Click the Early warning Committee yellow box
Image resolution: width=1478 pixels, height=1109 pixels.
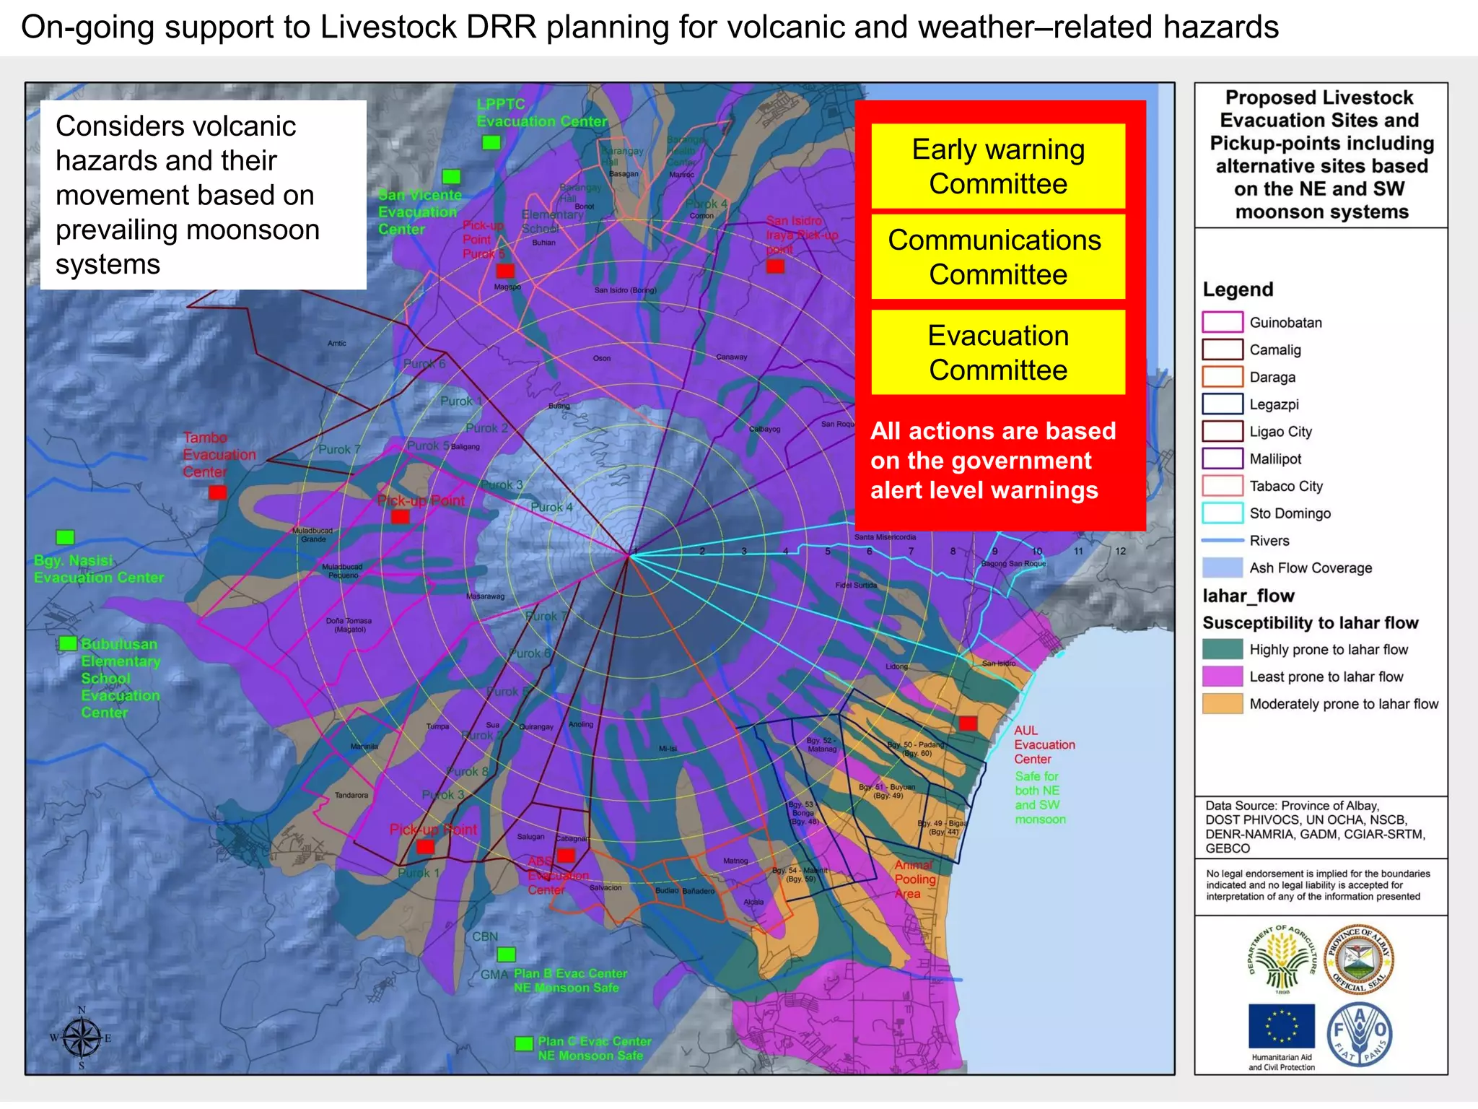(997, 166)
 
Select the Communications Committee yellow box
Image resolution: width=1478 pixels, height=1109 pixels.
(997, 256)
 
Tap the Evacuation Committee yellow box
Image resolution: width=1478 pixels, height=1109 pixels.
(997, 352)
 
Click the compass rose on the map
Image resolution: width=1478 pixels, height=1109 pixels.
(82, 1038)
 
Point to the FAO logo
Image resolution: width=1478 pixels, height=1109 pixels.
(1360, 1034)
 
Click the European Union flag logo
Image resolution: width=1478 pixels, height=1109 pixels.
(1281, 1026)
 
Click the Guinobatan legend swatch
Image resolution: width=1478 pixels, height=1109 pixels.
(1222, 322)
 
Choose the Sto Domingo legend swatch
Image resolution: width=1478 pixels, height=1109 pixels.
(1222, 513)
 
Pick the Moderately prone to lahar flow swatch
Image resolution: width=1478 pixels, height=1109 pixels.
(1222, 704)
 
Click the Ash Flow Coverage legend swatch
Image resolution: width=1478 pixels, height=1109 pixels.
(1222, 567)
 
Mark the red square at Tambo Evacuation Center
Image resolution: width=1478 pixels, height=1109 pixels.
(217, 492)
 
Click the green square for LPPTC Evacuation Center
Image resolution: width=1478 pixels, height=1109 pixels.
(491, 142)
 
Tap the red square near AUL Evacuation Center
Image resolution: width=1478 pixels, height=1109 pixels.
(968, 723)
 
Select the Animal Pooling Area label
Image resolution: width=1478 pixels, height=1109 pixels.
(914, 879)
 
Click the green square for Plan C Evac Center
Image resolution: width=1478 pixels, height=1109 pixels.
(524, 1044)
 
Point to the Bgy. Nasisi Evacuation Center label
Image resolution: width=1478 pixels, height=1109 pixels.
(99, 569)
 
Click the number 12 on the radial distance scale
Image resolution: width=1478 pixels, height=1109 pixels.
(1120, 551)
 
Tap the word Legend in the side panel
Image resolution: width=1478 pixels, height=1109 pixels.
(1238, 290)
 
